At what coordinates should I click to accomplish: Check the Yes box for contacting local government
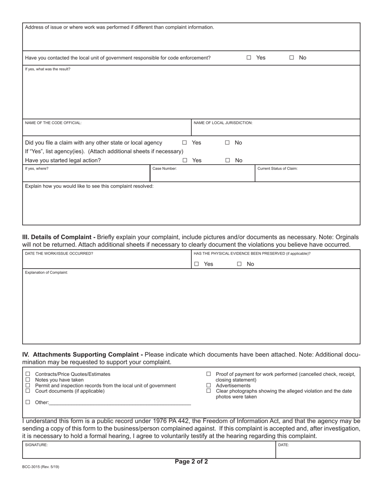click(x=249, y=58)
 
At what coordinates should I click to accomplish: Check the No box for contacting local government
click(x=291, y=58)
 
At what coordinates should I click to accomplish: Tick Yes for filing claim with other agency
click(x=185, y=143)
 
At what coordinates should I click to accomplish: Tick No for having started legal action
click(x=227, y=160)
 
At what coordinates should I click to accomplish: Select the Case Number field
click(x=202, y=175)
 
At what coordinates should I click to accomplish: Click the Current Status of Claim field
click(x=307, y=175)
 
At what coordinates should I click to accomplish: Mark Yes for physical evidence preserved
click(x=197, y=264)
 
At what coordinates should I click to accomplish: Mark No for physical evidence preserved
click(x=239, y=264)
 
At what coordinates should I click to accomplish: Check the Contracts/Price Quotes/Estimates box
click(x=28, y=374)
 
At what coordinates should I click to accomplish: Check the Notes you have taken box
click(x=28, y=380)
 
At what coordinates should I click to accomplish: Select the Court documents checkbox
click(x=28, y=391)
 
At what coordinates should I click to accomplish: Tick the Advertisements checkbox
click(x=208, y=386)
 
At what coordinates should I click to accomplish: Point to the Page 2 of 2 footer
click(x=191, y=462)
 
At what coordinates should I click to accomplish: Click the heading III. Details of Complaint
click(x=58, y=237)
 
